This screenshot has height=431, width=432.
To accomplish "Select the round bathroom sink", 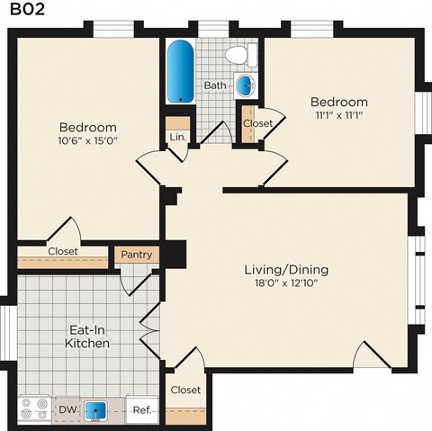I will click(x=244, y=86).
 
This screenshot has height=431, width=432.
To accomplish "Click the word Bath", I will click(x=215, y=85).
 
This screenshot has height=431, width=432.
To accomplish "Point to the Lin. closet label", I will click(x=176, y=137).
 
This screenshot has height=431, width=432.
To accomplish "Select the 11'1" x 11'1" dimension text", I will click(x=338, y=116).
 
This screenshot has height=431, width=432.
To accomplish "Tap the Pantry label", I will click(x=137, y=255).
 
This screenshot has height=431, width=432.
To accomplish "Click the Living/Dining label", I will click(x=286, y=269).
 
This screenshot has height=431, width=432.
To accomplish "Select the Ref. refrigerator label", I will click(x=141, y=410).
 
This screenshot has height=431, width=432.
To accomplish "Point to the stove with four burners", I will click(x=36, y=410).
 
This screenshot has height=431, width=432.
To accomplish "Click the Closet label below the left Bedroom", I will click(x=62, y=251).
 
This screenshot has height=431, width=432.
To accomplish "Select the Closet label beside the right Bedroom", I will click(x=258, y=123).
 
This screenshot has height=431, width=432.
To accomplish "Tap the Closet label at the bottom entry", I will click(x=184, y=390).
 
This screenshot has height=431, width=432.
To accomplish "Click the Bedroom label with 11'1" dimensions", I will click(x=338, y=102).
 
